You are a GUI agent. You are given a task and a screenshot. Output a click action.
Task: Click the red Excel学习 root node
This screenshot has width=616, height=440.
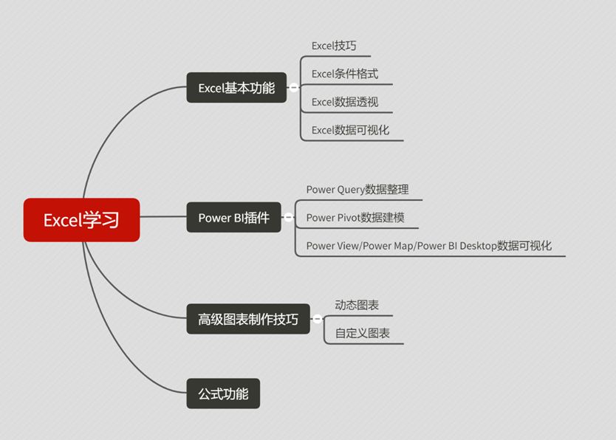coord(81,220)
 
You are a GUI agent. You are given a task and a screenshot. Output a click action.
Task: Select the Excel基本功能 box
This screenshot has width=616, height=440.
coord(236,88)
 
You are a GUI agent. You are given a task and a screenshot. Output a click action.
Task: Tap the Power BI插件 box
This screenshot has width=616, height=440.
coord(233,218)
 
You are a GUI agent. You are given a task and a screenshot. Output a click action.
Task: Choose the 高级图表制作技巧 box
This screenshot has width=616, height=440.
coord(248,320)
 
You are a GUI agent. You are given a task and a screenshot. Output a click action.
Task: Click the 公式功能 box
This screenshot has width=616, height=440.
coord(223,393)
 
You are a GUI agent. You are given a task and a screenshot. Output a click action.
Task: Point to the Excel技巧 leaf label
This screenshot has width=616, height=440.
coord(334,46)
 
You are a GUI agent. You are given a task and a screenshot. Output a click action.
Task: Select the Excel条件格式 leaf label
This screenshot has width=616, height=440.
coord(345,74)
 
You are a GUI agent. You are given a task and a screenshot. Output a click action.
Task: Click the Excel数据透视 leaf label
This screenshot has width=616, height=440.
coord(345,102)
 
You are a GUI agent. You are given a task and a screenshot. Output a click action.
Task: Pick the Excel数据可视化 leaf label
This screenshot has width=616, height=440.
coord(350,130)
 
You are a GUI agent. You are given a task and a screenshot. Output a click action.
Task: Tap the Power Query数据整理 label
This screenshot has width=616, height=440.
coord(357,190)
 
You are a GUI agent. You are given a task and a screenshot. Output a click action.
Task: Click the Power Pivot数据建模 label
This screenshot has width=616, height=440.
coord(355,218)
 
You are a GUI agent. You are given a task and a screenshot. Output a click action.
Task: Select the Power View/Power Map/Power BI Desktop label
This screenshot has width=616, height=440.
coord(429,246)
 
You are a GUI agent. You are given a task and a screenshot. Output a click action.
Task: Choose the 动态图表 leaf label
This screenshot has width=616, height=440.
coord(357,305)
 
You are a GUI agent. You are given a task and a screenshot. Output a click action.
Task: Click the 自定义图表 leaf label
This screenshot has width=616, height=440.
coord(363,334)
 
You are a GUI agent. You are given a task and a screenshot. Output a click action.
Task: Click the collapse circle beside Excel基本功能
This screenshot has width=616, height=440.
coord(294,88)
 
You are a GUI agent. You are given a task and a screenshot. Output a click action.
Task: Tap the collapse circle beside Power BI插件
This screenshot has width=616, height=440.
coord(289,218)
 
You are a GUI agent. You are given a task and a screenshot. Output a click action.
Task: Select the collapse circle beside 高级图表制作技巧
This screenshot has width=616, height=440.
coord(318,320)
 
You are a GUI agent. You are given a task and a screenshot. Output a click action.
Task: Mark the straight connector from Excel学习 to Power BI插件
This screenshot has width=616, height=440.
coord(162,217)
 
